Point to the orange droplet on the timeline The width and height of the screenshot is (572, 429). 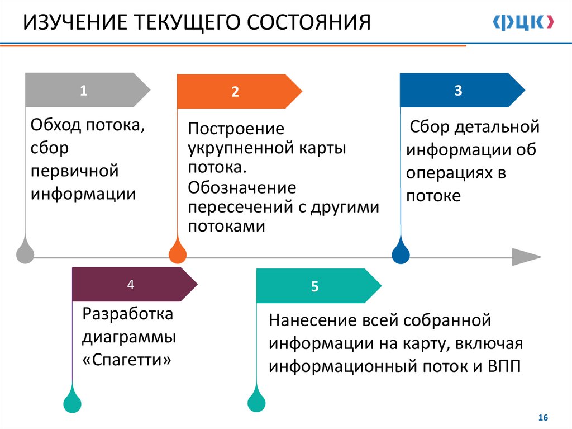[x=178, y=253]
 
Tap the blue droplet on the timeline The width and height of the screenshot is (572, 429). [x=401, y=253]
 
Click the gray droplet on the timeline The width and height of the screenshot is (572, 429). [x=25, y=253]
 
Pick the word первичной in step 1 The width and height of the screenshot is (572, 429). [x=75, y=170]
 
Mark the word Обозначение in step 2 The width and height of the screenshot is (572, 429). [x=242, y=187]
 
